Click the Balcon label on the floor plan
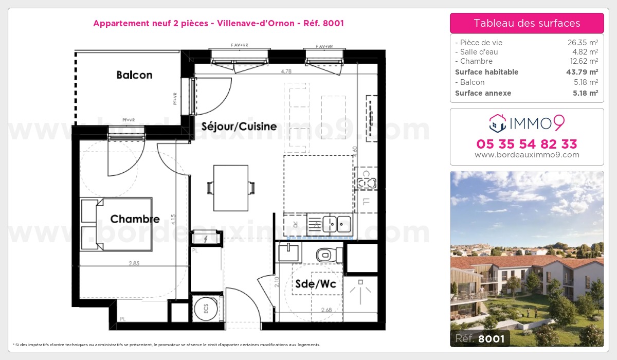(x=134, y=75)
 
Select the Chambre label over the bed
(x=135, y=219)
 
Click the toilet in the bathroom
(x=327, y=254)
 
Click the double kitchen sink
(x=337, y=224)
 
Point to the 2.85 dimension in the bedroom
(x=134, y=263)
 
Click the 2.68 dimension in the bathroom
(x=326, y=310)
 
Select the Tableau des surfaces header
(x=527, y=23)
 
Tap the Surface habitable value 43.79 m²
(x=579, y=72)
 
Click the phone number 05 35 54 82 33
(x=527, y=143)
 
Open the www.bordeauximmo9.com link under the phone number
(x=527, y=155)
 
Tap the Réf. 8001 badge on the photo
(x=480, y=338)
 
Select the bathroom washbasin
(x=288, y=252)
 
